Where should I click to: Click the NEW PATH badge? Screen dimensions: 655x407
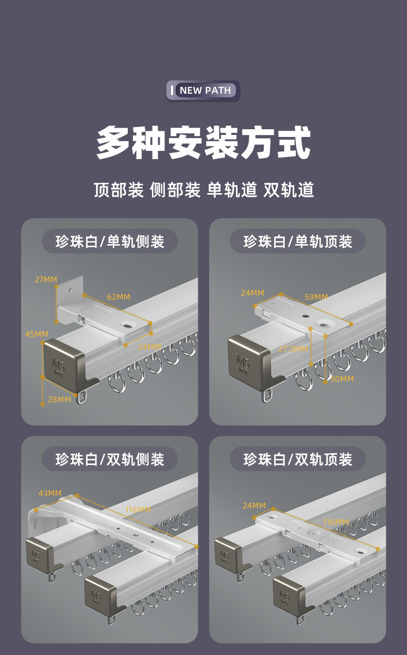tap(203, 90)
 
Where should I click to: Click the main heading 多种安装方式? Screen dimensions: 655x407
tap(203, 142)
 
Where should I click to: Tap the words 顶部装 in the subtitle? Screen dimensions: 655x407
tap(118, 190)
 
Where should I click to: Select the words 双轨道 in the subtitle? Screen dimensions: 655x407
tap(289, 190)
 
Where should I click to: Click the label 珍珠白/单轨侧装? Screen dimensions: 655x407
tap(110, 241)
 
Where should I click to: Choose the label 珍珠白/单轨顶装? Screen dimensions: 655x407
tap(298, 241)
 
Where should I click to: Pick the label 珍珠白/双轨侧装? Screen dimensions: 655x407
tap(110, 459)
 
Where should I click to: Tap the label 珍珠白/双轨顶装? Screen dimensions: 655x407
tap(298, 459)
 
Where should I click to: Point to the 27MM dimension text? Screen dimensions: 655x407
tap(46, 280)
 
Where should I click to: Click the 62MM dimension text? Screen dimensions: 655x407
tap(118, 297)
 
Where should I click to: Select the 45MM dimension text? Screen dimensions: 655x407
tap(37, 334)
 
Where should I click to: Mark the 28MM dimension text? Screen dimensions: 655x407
tap(59, 399)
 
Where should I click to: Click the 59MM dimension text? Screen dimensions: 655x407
tap(316, 297)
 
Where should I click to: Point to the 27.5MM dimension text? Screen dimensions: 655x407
tap(293, 349)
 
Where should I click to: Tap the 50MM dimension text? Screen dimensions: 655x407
tap(342, 379)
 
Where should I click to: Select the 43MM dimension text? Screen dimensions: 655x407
tap(50, 493)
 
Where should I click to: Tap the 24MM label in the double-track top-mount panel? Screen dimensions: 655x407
tap(254, 506)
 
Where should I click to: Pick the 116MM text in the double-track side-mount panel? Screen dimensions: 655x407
tap(138, 510)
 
